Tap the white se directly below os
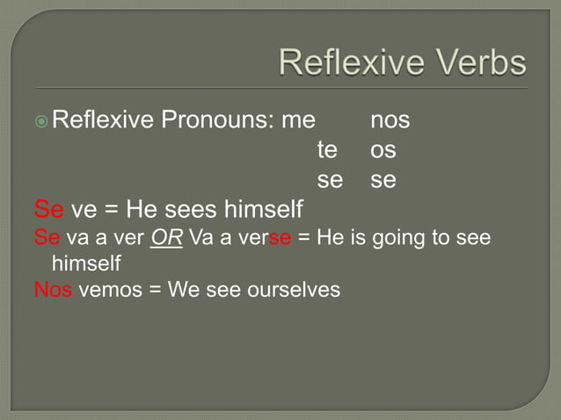pos(382,180)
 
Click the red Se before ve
pos(48,210)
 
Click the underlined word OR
pos(166,238)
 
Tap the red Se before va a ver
pos(47,238)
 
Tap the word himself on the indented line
pos(86,263)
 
